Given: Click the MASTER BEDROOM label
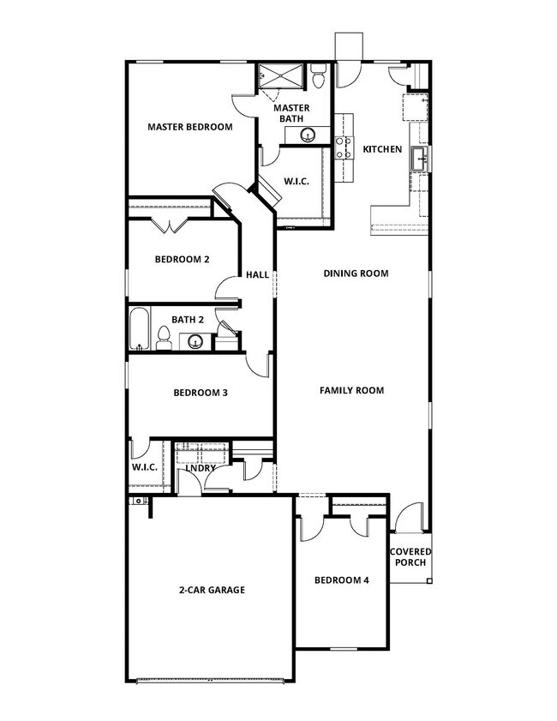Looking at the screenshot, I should pyautogui.click(x=189, y=127).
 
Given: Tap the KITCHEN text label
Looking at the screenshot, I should pyautogui.click(x=382, y=149).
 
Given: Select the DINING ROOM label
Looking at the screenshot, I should pyautogui.click(x=356, y=273).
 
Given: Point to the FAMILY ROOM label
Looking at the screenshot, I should pyautogui.click(x=351, y=390).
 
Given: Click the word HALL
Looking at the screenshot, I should pyautogui.click(x=257, y=275).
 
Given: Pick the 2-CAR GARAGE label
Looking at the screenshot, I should pyautogui.click(x=212, y=590).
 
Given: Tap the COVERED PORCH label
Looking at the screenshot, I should pyautogui.click(x=410, y=556).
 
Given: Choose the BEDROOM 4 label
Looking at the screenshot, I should pyautogui.click(x=341, y=580).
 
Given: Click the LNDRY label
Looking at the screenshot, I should pyautogui.click(x=201, y=468).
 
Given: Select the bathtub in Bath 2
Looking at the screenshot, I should pyautogui.click(x=139, y=331).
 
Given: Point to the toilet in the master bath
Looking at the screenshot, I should pyautogui.click(x=319, y=80).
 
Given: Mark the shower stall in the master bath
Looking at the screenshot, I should pyautogui.click(x=281, y=75).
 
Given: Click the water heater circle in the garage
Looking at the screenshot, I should pyautogui.click(x=136, y=500).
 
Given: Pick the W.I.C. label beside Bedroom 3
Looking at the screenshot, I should pyautogui.click(x=142, y=468).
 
